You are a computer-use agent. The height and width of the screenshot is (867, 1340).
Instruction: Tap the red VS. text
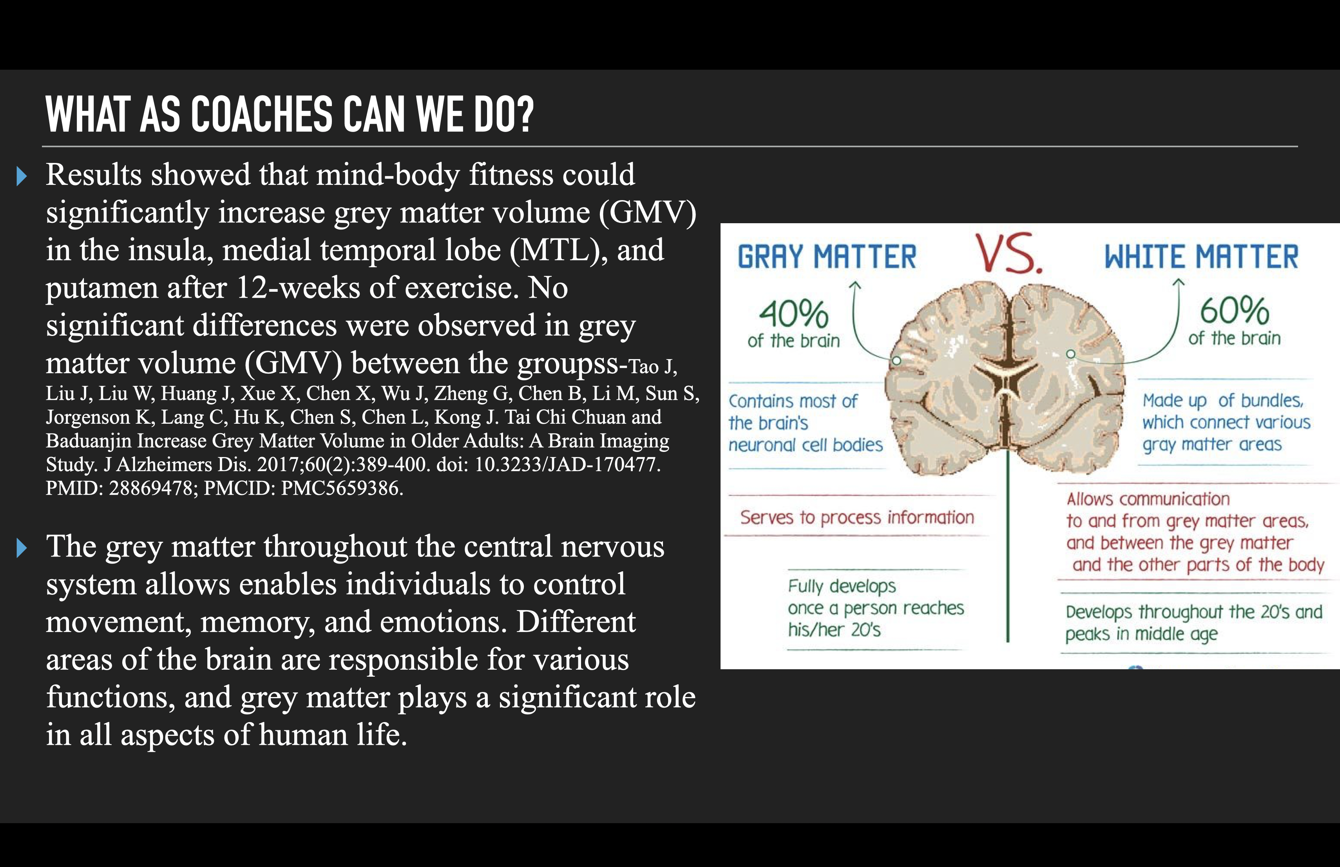coord(1009,254)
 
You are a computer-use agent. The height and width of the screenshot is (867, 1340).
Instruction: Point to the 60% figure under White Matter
coord(1234,311)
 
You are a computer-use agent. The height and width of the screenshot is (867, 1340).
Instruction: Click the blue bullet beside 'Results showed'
coord(22,176)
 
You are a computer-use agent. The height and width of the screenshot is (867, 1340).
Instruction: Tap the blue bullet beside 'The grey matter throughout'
coord(22,548)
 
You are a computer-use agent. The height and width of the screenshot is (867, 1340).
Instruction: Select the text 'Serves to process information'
coord(857,517)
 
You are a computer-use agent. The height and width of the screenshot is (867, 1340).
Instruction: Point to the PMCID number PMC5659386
coord(342,488)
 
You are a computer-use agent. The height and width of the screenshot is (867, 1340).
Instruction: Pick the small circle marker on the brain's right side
coord(1071,354)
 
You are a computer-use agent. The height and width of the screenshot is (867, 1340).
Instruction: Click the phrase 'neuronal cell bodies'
coord(806,445)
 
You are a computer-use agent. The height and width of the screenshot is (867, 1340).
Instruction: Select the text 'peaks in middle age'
coord(1141,634)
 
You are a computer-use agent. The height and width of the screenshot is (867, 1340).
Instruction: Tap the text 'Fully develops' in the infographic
coord(842,586)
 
